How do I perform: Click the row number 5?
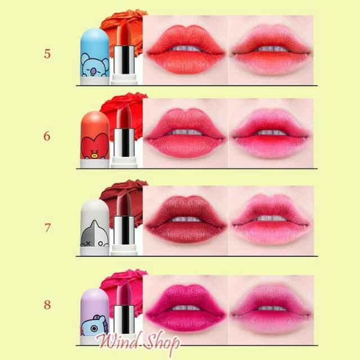click(47, 55)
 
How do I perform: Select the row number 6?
click(47, 136)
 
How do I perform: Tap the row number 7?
click(47, 228)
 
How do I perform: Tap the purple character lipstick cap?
click(94, 312)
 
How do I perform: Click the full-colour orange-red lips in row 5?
click(186, 51)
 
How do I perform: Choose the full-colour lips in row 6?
click(186, 134)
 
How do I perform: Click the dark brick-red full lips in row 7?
click(186, 220)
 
